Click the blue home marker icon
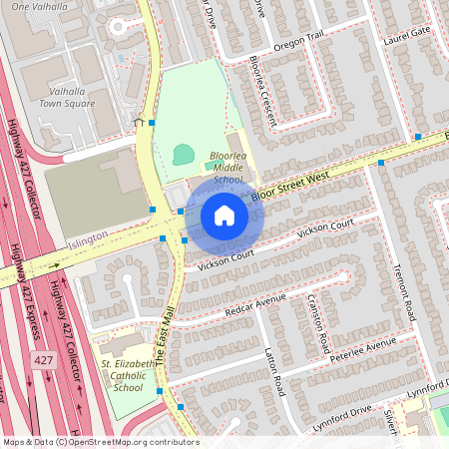click(224, 215)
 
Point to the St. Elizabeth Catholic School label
click(128, 375)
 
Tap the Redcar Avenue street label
click(256, 301)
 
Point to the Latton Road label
click(274, 368)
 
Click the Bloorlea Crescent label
click(261, 98)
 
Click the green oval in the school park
click(183, 154)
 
